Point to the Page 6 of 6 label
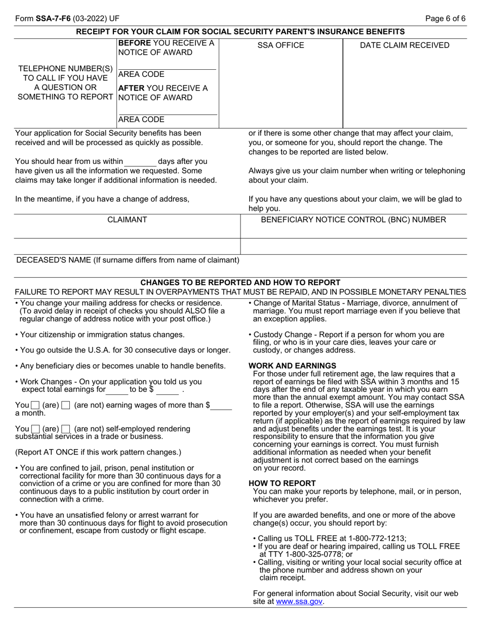445,19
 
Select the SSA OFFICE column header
280,46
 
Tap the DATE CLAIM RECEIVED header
404,46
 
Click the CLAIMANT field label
127,219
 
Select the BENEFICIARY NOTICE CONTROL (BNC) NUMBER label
353,219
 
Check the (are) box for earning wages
35,406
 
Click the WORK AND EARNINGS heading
292,366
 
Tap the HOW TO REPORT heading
282,483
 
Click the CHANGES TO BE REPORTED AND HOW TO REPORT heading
240,282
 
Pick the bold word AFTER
131,88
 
